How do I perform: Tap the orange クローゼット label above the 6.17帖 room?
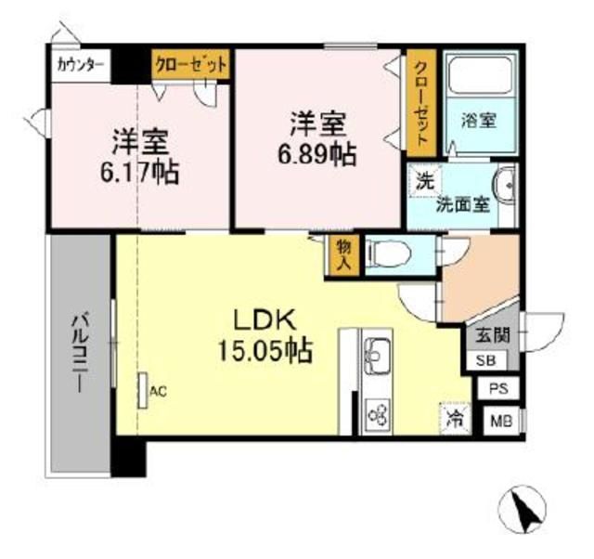click(190, 64)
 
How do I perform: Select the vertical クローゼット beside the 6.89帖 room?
click(420, 103)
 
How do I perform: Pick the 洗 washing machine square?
click(425, 179)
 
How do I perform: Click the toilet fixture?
click(383, 253)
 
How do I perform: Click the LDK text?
click(264, 319)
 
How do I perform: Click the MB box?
click(501, 421)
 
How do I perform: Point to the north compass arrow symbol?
click(523, 506)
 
